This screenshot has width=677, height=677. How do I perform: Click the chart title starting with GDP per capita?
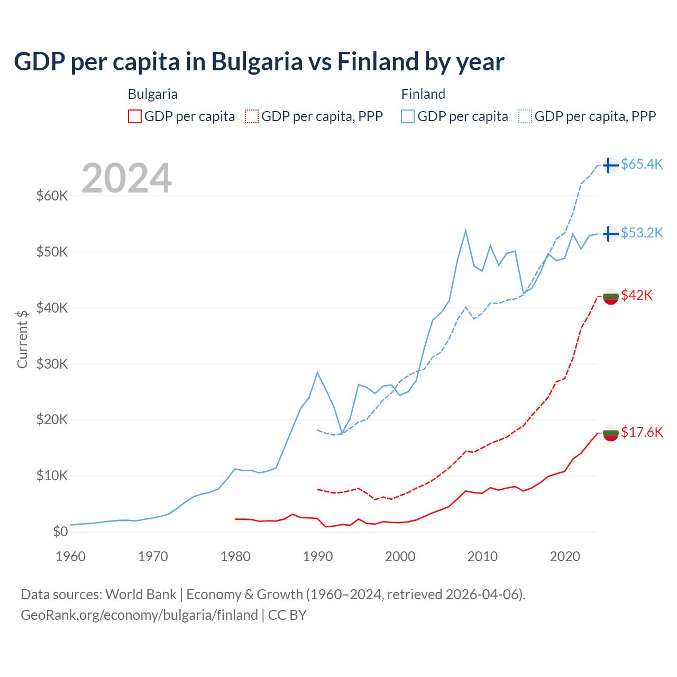click(259, 61)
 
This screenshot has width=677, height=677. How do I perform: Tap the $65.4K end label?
click(642, 164)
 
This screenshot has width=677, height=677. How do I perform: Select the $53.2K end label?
click(642, 233)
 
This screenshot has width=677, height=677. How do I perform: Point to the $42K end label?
click(637, 295)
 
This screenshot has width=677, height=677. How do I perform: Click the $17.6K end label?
click(642, 432)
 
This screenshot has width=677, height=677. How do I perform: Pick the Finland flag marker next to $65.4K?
click(610, 165)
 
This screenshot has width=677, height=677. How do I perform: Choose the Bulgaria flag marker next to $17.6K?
click(610, 433)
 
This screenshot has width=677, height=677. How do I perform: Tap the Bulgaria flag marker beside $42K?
click(610, 296)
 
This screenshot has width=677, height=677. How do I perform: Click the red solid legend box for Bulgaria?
click(135, 116)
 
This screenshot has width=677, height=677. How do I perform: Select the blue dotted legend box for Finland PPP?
click(525, 116)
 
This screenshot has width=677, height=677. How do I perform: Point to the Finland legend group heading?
click(423, 94)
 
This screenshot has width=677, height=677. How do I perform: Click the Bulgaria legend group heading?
click(152, 94)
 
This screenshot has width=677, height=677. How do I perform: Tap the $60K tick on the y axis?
click(52, 196)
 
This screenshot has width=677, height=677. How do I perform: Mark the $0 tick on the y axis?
click(60, 532)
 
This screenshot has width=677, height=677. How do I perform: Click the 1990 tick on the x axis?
click(318, 556)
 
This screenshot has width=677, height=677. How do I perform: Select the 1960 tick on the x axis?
click(71, 556)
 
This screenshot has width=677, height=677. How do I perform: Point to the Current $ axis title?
click(22, 339)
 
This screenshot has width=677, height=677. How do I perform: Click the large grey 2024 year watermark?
click(126, 178)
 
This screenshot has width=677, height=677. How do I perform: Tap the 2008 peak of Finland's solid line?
click(465, 230)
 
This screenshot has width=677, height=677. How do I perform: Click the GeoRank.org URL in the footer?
click(139, 615)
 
